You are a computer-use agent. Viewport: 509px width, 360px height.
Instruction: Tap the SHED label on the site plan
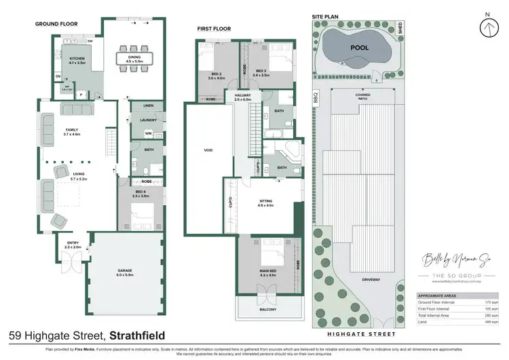pyautogui.click(x=400, y=29)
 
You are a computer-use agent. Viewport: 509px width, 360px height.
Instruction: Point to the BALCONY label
pyautogui.click(x=267, y=310)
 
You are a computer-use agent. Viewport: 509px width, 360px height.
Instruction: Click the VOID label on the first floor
pyautogui.click(x=208, y=150)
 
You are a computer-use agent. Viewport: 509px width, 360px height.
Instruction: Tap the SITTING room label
pyautogui.click(x=265, y=201)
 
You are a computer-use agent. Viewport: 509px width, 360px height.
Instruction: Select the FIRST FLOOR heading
pyautogui.click(x=214, y=29)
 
